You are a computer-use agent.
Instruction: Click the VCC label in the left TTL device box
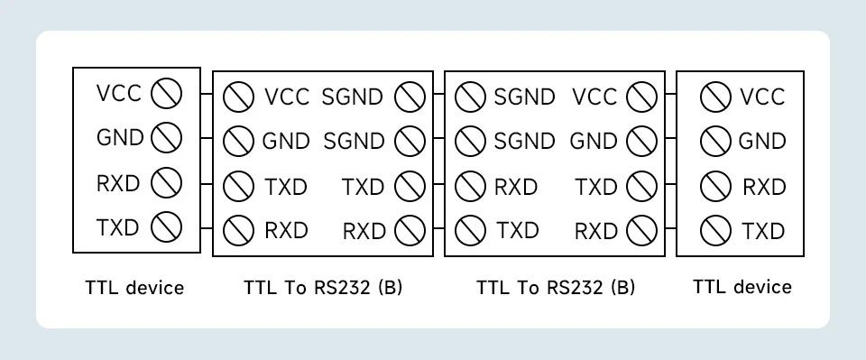pos(119,93)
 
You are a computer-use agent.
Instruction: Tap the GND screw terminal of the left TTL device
pos(166,138)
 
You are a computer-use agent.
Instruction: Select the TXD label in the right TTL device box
pos(763,231)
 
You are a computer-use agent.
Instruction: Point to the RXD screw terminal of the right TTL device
pos(715,187)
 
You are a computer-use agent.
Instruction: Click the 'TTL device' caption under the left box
pos(134,288)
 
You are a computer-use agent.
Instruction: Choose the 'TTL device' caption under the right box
pos(742,287)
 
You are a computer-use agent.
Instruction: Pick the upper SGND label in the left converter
pos(352,97)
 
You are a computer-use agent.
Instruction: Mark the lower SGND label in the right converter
pos(524,142)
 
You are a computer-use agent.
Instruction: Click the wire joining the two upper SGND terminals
pos(439,94)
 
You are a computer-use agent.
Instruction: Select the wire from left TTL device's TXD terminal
pos(207,227)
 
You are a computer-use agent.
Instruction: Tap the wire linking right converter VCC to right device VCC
pos(670,94)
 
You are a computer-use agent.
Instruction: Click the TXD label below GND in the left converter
pos(286,187)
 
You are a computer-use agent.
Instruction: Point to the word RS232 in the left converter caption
pos(343,288)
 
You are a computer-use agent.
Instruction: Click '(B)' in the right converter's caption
pos(623,288)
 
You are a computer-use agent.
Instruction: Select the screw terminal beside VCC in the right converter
pos(641,97)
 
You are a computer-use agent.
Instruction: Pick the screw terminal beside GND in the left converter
pos(238,141)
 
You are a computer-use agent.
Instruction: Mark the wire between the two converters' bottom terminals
pos(439,227)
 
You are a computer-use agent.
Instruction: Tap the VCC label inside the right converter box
pos(594,97)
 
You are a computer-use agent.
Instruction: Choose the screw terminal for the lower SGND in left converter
pos(410,141)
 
